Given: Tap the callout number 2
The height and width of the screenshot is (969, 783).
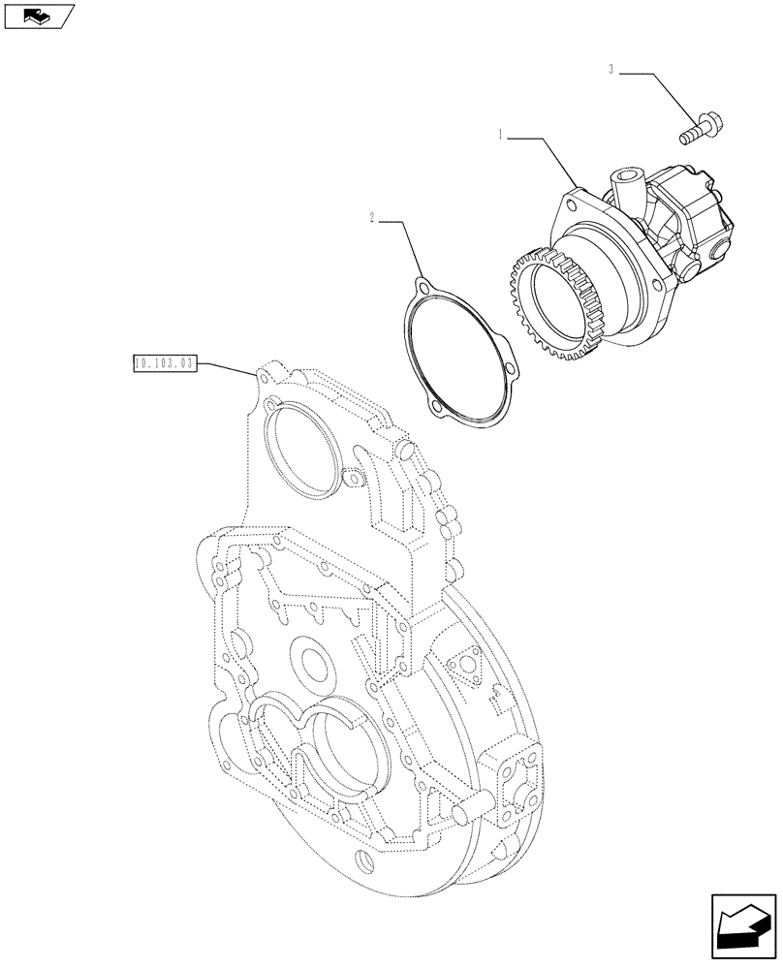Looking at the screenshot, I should coord(371,219).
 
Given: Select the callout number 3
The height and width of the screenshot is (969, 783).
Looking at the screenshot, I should coord(611,69).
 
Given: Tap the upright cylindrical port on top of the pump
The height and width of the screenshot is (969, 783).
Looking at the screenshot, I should coord(620,183).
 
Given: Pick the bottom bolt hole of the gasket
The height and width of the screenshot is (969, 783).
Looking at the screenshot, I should coord(438,412).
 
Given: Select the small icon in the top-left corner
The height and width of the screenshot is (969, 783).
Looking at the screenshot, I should coord(40,16).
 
